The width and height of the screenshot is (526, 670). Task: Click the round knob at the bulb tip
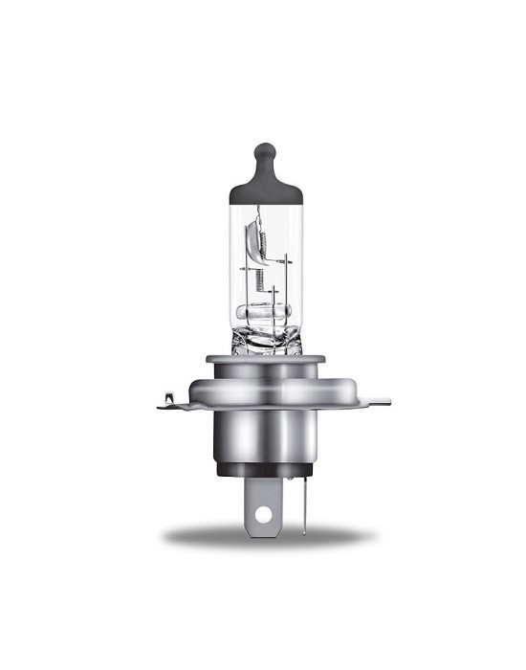click(264, 152)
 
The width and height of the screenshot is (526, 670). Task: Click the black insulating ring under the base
click(264, 470)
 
